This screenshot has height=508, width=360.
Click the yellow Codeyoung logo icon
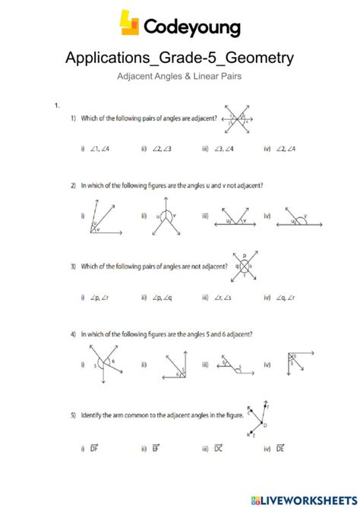(130, 24)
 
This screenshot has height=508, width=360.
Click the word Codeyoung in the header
(191, 28)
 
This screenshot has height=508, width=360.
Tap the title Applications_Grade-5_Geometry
(179, 58)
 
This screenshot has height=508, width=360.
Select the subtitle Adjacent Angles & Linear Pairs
(180, 77)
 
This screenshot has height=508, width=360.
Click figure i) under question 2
(102, 216)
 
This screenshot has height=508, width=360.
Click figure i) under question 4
(105, 364)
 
